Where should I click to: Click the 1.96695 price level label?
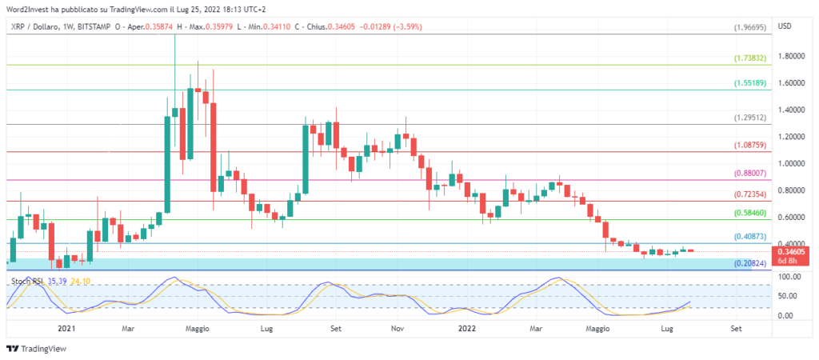point(752,27)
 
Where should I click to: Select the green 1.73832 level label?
point(752,58)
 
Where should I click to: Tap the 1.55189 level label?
point(752,83)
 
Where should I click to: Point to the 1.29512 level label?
point(752,118)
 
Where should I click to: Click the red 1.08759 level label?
point(752,146)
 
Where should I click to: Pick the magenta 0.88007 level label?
point(752,173)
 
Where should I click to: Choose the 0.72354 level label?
point(752,194)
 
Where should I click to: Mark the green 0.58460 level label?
point(752,214)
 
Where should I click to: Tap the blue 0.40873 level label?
point(752,238)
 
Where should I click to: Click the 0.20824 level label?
point(752,263)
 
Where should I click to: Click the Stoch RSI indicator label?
point(27,282)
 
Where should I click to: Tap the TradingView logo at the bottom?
point(37,349)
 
